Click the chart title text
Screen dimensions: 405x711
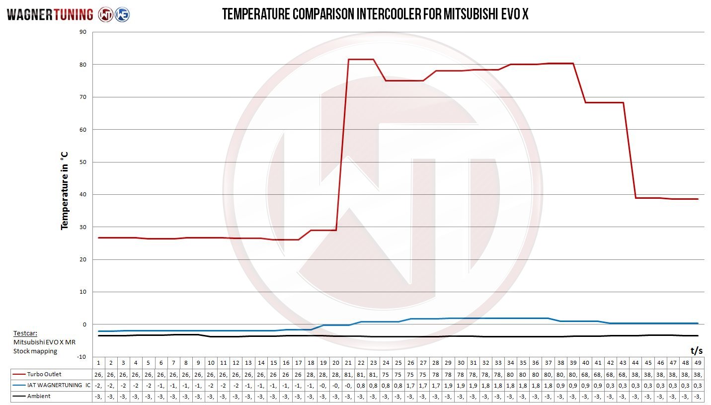375,14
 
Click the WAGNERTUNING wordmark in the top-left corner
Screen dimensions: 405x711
50,15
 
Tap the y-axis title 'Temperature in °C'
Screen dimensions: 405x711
64,191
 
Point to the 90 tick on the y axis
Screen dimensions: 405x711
82,32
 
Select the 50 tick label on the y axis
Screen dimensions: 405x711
82,162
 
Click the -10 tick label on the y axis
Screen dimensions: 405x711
81,357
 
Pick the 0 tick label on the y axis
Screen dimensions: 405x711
84,324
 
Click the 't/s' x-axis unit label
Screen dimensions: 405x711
696,351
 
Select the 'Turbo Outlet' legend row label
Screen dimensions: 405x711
45,374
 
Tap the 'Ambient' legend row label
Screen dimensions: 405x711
39,396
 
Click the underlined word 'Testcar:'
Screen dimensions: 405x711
25,333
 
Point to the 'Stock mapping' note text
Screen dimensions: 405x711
35,351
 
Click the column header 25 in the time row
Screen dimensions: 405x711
398,363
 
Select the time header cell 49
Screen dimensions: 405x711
698,363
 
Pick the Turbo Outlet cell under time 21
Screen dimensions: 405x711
348,374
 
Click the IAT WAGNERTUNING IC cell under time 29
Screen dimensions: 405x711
448,385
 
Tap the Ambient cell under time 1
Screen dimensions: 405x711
98,396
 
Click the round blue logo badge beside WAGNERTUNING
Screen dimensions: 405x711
122,14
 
